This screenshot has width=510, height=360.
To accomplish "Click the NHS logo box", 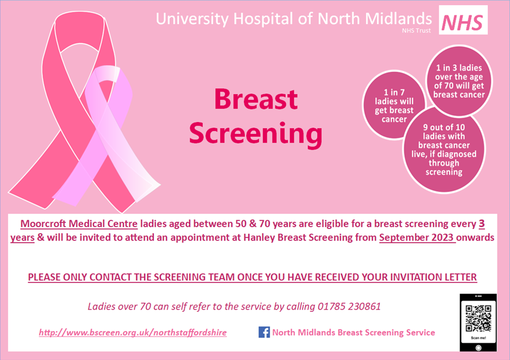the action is click(x=463, y=20).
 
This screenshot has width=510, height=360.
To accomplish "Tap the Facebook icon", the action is click(x=264, y=332).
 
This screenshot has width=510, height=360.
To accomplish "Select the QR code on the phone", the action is click(x=478, y=318).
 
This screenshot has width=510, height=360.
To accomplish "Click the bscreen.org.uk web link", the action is click(x=133, y=332).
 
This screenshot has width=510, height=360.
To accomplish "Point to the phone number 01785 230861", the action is click(x=349, y=307).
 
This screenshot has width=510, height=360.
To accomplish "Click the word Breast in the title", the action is click(x=256, y=99).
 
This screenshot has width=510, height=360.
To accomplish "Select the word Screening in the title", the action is click(x=256, y=133).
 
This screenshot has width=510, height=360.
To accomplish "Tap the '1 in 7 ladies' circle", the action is click(x=394, y=105).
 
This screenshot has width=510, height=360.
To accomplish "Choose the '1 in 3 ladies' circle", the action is click(x=459, y=81).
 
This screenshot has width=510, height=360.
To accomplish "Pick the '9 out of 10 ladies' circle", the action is click(x=444, y=149).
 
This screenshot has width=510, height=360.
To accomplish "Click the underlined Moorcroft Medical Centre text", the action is click(x=79, y=224).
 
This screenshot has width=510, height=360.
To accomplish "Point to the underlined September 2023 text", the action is click(x=417, y=237).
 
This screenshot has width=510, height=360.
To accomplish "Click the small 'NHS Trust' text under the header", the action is click(x=416, y=31).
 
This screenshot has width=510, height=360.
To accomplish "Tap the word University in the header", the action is click(x=193, y=19).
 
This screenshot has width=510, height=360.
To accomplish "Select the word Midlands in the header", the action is click(x=398, y=19).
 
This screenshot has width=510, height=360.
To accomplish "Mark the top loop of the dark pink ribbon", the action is click(x=80, y=32).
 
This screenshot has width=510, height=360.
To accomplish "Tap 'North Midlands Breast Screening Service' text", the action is click(x=354, y=332).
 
